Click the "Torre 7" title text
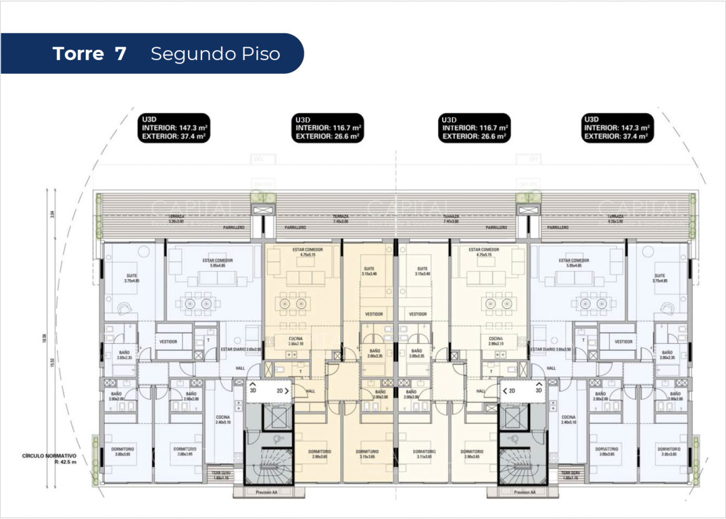pos(90,54)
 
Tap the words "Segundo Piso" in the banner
pos(215,54)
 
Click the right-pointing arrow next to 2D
pos(287,391)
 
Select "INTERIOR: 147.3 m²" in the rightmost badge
pos(617,128)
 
